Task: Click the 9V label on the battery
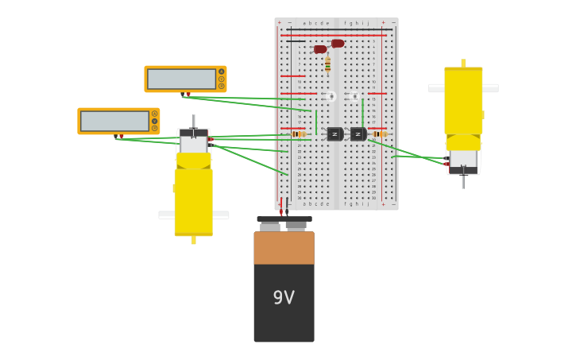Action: pyautogui.click(x=284, y=298)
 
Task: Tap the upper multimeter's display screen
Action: pyautogui.click(x=181, y=79)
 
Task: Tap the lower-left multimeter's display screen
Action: pyautogui.click(x=114, y=121)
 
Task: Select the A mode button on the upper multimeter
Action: pyautogui.click(x=221, y=72)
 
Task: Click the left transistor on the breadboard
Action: pyautogui.click(x=334, y=134)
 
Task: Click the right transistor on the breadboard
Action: pyautogui.click(x=358, y=134)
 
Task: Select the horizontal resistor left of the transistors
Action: pyautogui.click(x=299, y=134)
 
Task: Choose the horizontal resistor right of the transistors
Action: pyautogui.click(x=380, y=134)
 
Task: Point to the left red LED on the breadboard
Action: pyautogui.click(x=320, y=49)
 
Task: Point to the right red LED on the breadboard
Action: pyautogui.click(x=338, y=44)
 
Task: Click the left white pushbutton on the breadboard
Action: pyautogui.click(x=331, y=96)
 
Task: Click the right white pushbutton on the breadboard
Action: pyautogui.click(x=355, y=96)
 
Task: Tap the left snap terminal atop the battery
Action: pyautogui.click(x=270, y=226)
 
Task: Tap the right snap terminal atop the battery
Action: pyautogui.click(x=296, y=226)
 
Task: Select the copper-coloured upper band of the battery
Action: pyautogui.click(x=284, y=248)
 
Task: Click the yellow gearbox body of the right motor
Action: pyautogui.click(x=463, y=103)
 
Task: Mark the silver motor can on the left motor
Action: pyautogui.click(x=193, y=143)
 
